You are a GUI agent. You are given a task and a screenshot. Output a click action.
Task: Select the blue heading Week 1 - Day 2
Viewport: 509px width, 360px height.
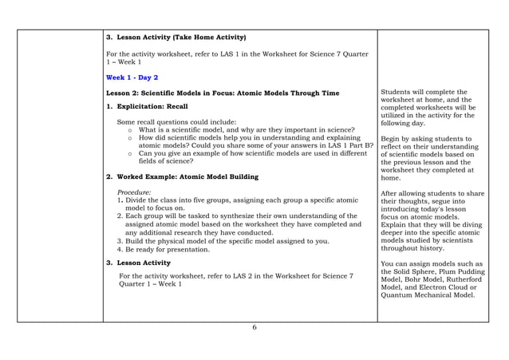pyautogui.click(x=132, y=77)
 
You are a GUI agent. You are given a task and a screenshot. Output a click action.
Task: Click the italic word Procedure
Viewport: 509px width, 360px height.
pyautogui.click(x=135, y=192)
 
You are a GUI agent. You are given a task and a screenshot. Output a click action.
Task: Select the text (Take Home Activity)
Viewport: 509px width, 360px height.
pyautogui.click(x=209, y=37)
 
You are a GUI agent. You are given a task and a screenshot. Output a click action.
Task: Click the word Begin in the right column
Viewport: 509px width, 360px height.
pyautogui.click(x=393, y=139)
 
